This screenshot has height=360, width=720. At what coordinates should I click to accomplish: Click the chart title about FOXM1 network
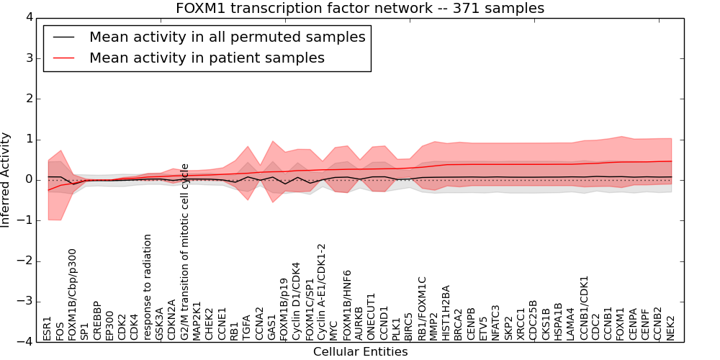(x=360, y=8)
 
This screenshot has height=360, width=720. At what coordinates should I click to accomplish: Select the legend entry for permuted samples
(x=227, y=37)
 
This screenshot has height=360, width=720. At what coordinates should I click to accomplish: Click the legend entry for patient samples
(x=207, y=58)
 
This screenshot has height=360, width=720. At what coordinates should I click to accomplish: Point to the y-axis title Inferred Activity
(x=6, y=179)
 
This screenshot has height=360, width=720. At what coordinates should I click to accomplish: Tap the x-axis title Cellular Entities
(x=360, y=351)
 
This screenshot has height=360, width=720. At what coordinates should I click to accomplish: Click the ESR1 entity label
(x=48, y=328)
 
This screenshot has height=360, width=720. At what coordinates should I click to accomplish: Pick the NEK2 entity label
(x=671, y=328)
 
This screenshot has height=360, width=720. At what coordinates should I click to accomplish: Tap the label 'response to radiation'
(x=148, y=287)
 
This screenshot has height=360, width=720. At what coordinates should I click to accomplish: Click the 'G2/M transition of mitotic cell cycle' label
(x=185, y=252)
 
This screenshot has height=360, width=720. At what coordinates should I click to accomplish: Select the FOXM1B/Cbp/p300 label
(x=72, y=294)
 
